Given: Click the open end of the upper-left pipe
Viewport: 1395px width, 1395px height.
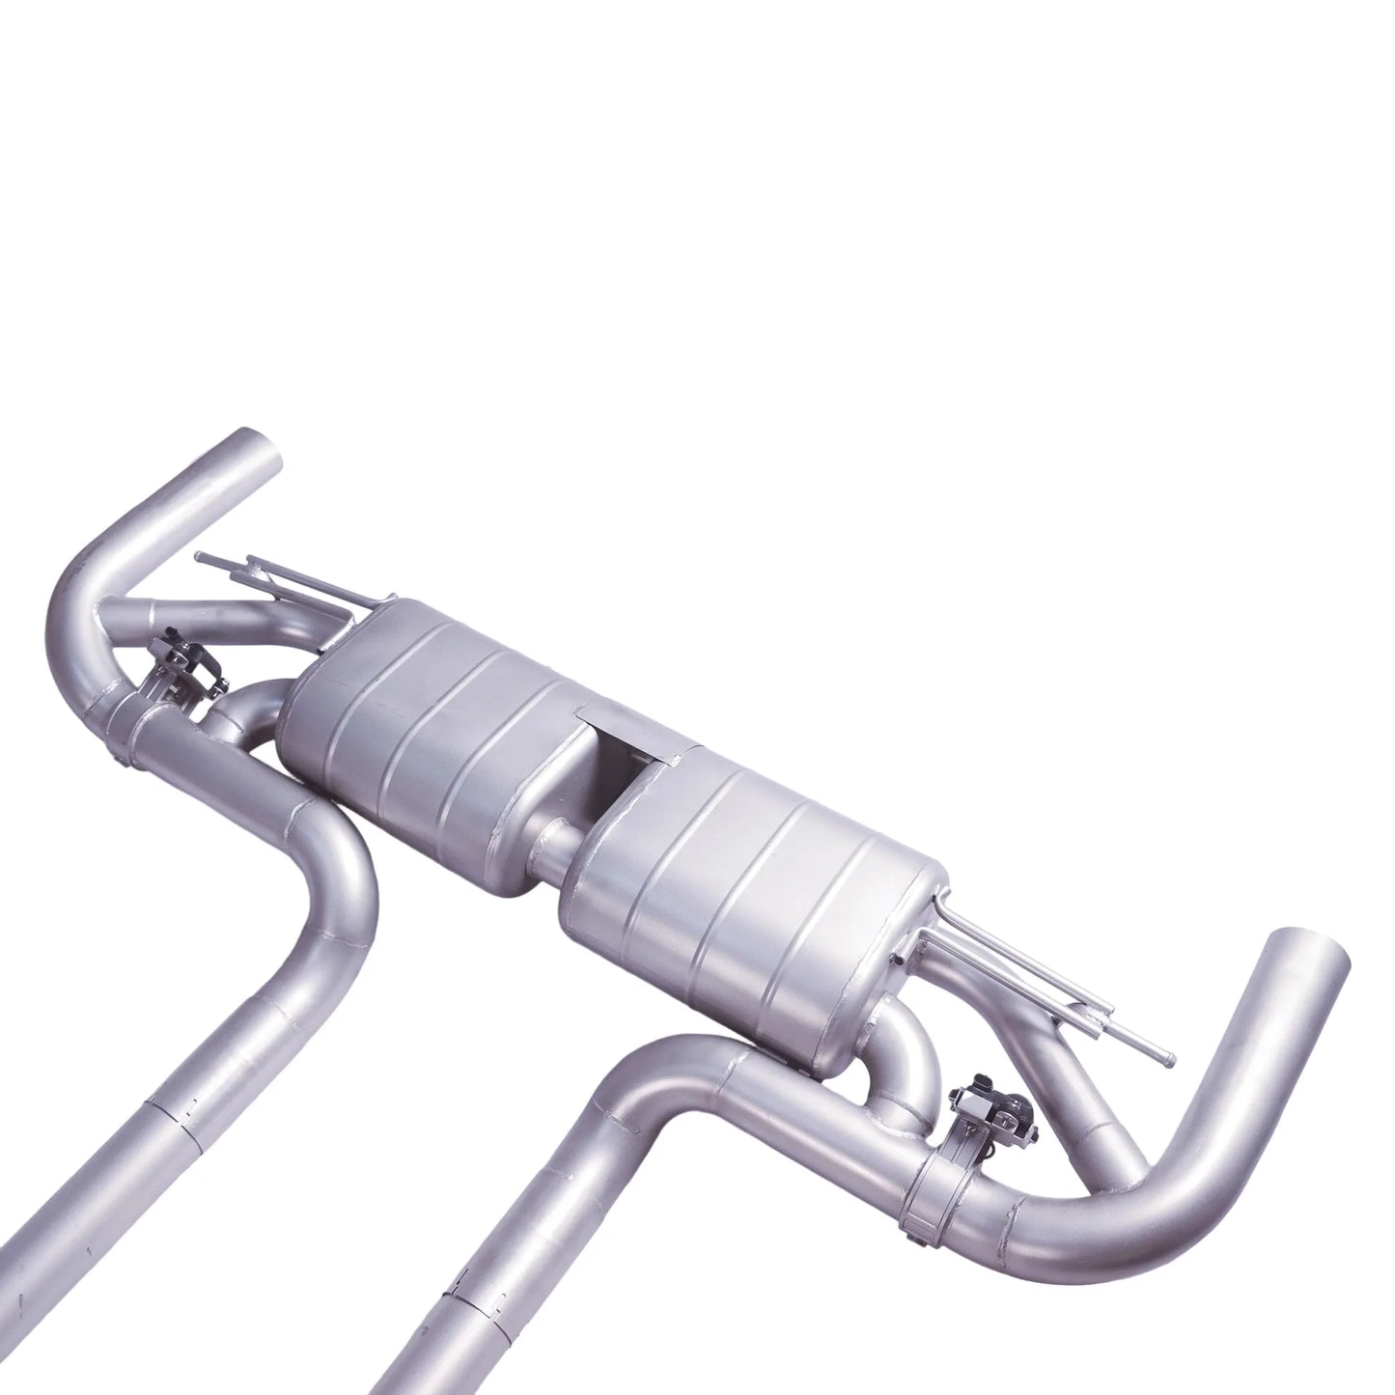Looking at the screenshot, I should point(254,449).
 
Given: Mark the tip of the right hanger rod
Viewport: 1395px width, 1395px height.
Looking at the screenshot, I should point(1169,1059).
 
